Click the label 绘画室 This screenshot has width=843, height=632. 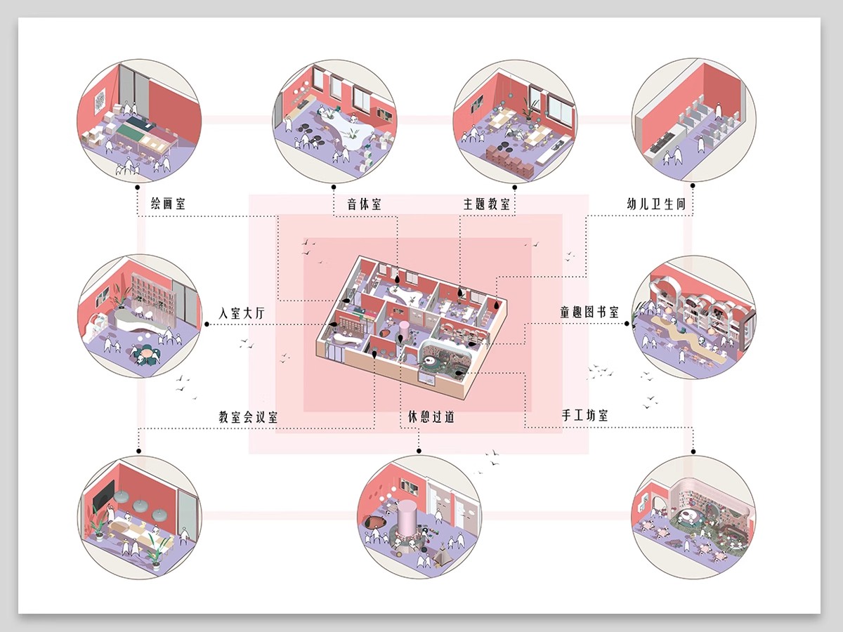point(168,204)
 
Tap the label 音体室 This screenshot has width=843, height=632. point(364,204)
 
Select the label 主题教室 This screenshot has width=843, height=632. point(486,204)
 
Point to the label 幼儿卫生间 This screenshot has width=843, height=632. point(656,204)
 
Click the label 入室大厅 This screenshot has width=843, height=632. point(242,313)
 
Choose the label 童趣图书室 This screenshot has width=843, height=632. point(589,312)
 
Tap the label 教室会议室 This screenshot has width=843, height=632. point(248,416)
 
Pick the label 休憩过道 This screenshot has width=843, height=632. point(431,416)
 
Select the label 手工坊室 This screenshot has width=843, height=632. point(585,416)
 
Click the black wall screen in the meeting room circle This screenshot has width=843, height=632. point(104,494)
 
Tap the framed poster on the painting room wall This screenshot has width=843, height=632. point(100,101)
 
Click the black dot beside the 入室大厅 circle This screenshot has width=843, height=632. point(207,324)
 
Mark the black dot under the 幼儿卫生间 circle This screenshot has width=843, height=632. point(693,185)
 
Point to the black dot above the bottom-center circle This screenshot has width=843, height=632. point(419,451)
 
